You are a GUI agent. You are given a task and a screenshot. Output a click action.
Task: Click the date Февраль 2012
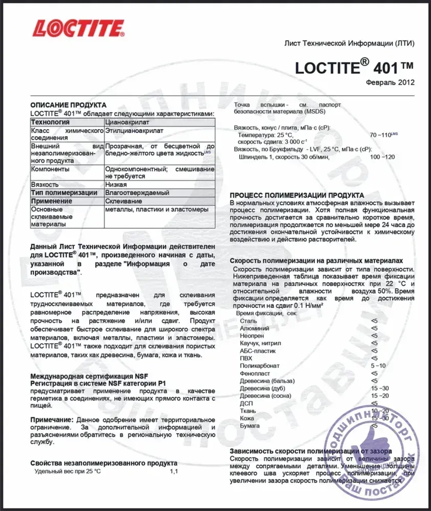pyautogui.click(x=390, y=82)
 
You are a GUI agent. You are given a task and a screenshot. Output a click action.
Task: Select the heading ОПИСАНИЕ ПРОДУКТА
pyautogui.click(x=68, y=105)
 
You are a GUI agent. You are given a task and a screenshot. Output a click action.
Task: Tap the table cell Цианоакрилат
pyautogui.click(x=125, y=122)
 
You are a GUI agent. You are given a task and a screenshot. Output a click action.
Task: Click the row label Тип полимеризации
pyautogui.click(x=64, y=193)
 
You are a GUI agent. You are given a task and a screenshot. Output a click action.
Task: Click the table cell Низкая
pyautogui.click(x=116, y=184)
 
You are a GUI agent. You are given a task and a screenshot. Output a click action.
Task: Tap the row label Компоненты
pyautogui.click(x=50, y=169)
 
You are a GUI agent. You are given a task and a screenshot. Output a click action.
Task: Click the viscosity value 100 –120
pyautogui.click(x=382, y=157)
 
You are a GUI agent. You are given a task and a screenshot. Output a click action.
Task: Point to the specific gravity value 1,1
pyautogui.click(x=174, y=471)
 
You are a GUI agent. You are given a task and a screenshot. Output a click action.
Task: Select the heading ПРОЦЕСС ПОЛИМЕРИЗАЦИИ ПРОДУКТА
pyautogui.click(x=297, y=195)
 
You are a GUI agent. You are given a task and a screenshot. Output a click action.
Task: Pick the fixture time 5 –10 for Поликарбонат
pyautogui.click(x=378, y=366)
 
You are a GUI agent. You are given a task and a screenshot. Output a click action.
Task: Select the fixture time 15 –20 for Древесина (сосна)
pyautogui.click(x=380, y=396)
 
